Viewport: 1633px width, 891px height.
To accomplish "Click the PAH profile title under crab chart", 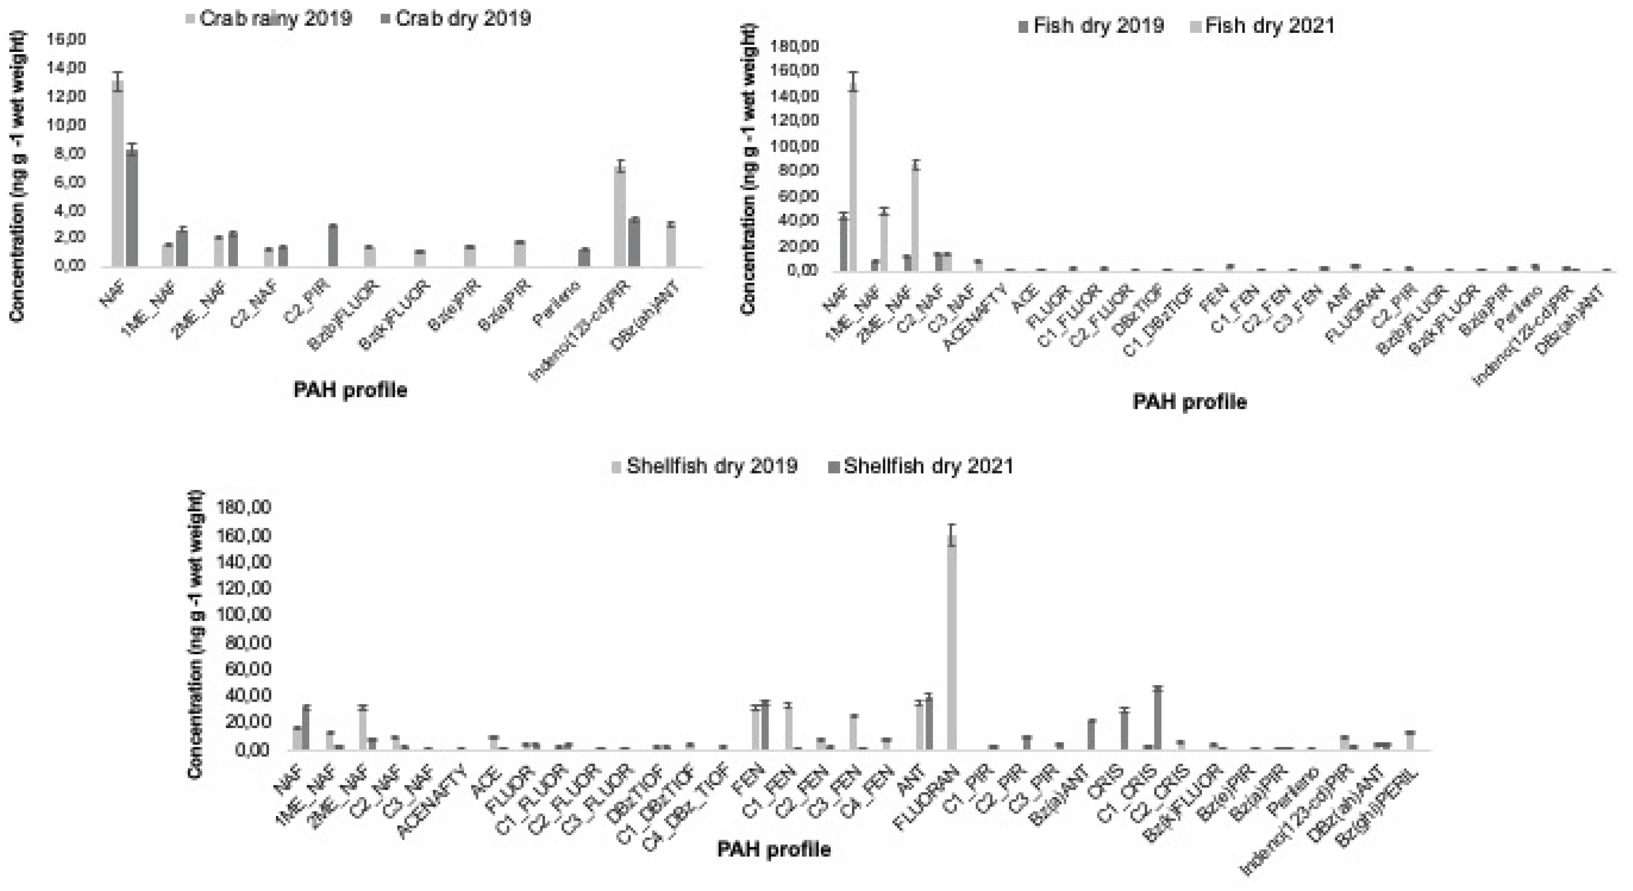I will point(350,390).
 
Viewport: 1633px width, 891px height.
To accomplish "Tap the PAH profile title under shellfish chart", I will point(773,849).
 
